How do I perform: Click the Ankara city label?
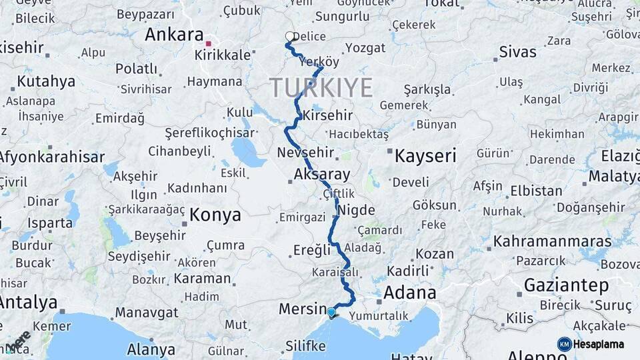point(174,34)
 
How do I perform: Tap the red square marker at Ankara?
point(209,44)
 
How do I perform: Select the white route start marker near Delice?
point(289,36)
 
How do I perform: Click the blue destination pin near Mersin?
point(331,312)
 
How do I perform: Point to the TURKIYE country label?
point(321,88)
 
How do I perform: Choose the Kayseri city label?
point(425,157)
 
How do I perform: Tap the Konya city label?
point(215,215)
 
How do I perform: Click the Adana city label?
point(409,292)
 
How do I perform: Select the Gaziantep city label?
point(566,285)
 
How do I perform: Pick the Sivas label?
point(517,51)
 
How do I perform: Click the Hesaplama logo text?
point(601,344)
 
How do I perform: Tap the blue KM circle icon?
point(565,344)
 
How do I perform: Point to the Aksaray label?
point(322,175)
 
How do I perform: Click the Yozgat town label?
point(365,48)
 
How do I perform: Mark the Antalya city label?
point(28,302)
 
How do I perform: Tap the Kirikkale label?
point(222,55)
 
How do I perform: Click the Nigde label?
point(357,211)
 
